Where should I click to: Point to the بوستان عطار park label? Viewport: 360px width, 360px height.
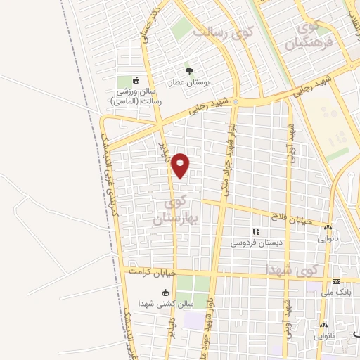[x=189, y=82]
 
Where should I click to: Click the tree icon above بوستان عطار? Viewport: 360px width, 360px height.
[x=189, y=71]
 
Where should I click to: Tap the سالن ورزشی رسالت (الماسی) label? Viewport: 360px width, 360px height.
[x=136, y=96]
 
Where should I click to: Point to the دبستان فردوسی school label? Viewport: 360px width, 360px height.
[x=256, y=243]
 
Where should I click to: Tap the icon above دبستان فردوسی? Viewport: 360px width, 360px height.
[x=256, y=231]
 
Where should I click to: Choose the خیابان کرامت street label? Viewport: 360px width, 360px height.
[x=149, y=271]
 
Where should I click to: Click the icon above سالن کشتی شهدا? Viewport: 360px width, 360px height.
[x=166, y=292]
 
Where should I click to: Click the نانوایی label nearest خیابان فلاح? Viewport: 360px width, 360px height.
[x=328, y=238]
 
